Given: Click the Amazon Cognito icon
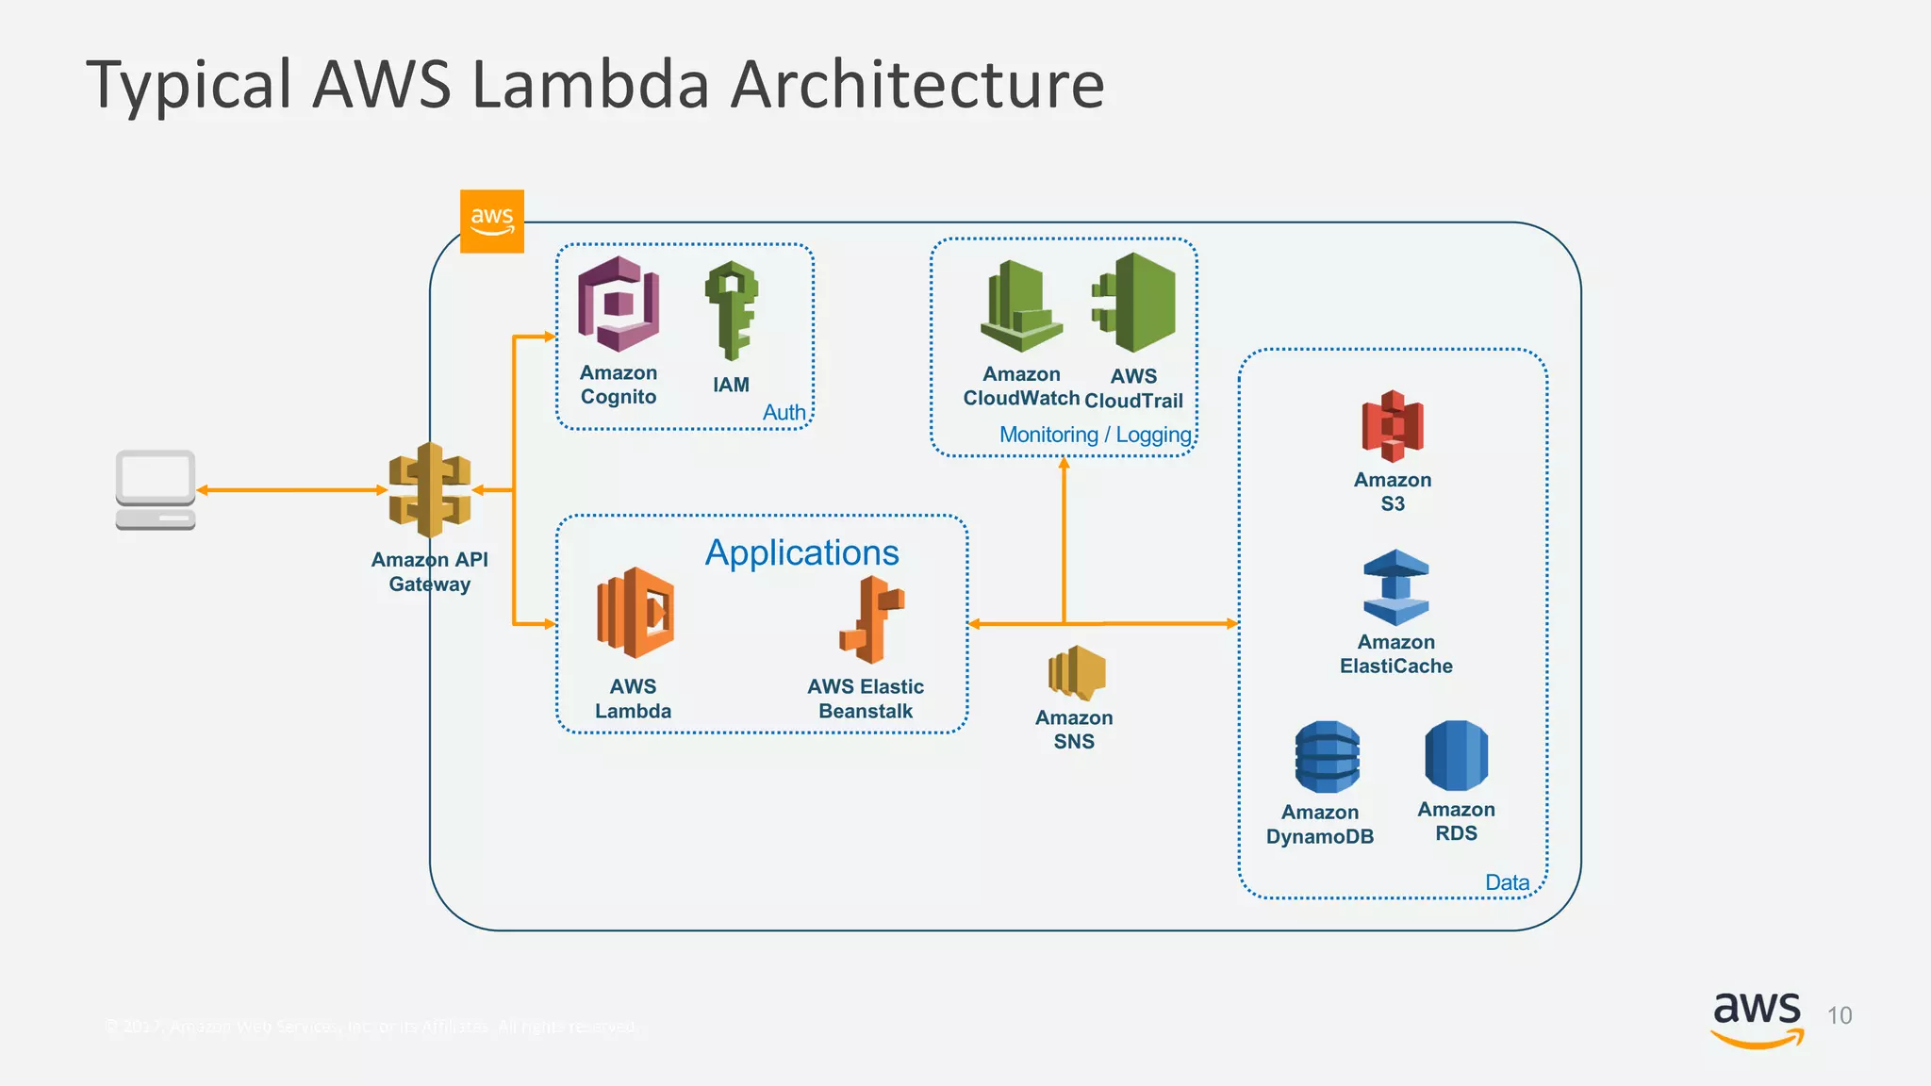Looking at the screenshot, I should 619,304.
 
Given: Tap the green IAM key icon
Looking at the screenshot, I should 732,310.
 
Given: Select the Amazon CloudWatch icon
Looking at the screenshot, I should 1021,307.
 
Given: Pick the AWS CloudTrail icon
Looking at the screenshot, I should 1135,303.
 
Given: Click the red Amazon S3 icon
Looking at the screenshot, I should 1393,425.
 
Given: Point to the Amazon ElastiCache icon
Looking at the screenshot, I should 1395,587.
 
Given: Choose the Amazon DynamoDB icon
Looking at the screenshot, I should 1327,757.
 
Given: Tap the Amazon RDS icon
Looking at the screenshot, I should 1456,755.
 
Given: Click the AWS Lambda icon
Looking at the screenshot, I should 635,613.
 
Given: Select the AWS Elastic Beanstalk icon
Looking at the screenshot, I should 871,619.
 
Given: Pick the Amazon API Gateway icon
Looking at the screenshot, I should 430,490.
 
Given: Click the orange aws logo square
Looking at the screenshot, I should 491,222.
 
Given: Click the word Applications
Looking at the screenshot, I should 801,552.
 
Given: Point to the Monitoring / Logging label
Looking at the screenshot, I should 1095,435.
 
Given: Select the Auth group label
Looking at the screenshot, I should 784,412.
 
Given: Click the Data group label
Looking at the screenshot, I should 1507,882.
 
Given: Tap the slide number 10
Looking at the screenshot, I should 1839,1015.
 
